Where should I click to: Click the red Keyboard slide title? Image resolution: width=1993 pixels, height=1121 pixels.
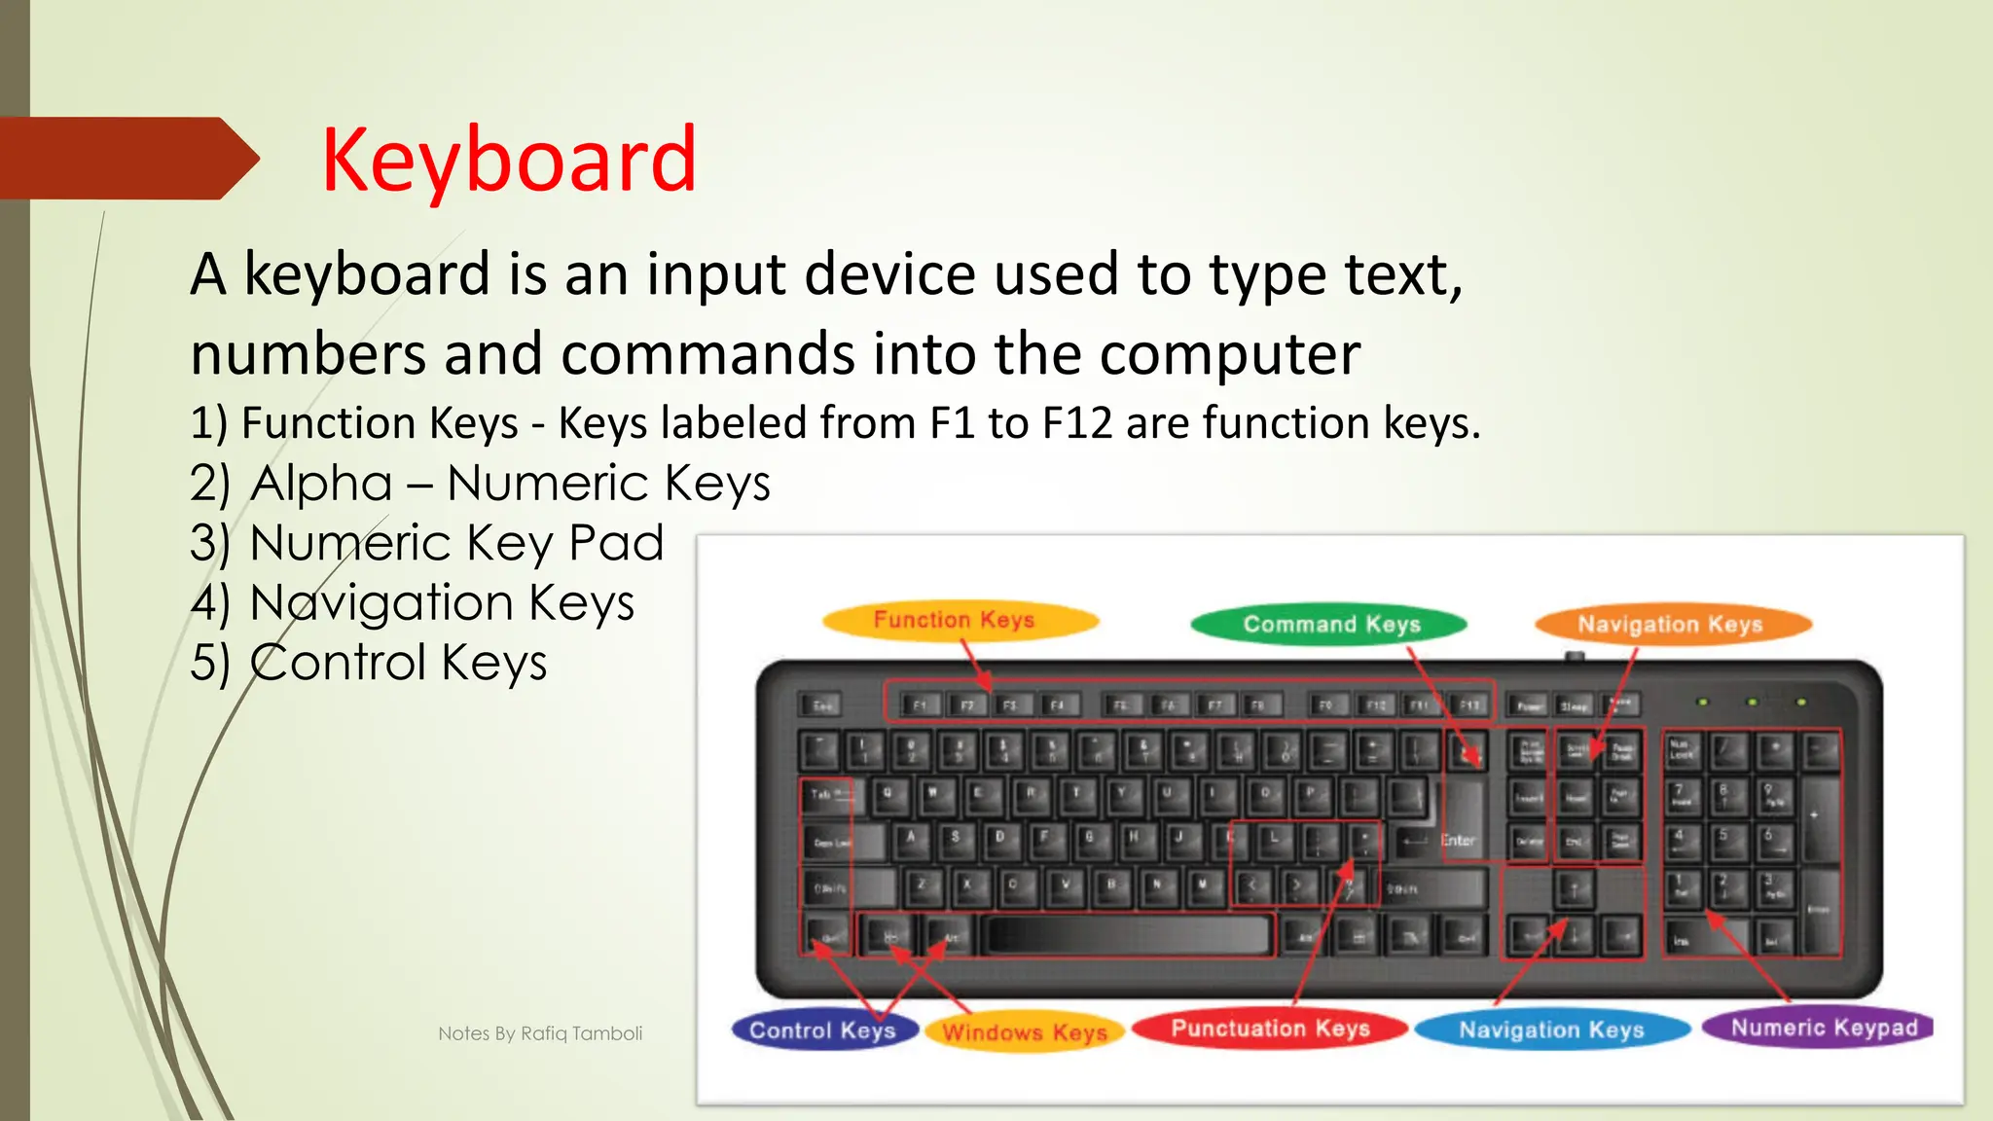tap(509, 161)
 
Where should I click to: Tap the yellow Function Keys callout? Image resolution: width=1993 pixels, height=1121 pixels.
tap(959, 620)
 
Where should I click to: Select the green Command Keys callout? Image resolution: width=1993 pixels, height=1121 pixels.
tap(1330, 625)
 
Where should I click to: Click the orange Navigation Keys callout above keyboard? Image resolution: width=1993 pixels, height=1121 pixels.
tap(1672, 625)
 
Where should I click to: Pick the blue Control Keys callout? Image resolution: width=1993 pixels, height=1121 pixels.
tap(823, 1031)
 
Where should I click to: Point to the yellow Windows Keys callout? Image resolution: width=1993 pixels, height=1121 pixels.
tap(1025, 1032)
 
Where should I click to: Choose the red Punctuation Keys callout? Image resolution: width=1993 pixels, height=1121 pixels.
tap(1270, 1029)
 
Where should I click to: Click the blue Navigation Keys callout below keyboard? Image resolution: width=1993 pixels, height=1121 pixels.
tap(1551, 1030)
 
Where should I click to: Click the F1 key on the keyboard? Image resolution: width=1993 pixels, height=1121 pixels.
tap(918, 705)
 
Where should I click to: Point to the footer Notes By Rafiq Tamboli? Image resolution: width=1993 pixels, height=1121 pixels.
tap(540, 1033)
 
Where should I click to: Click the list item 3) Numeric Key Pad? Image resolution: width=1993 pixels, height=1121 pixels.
tap(426, 543)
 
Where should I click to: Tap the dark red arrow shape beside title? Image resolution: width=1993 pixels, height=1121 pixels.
tap(127, 158)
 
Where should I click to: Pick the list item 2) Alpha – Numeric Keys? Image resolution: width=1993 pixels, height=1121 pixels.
tap(480, 483)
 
